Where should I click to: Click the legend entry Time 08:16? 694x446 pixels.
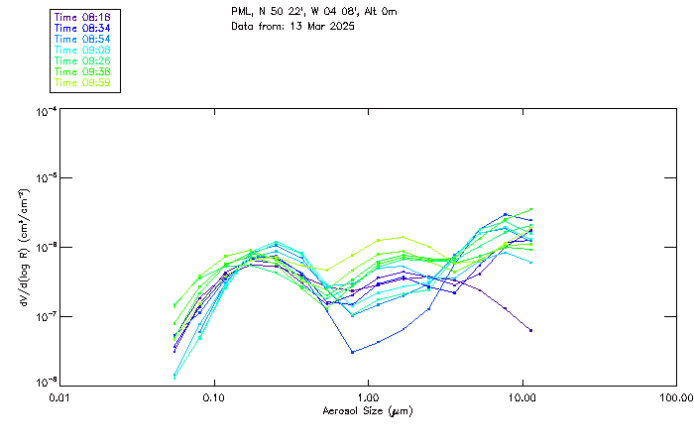click(82, 18)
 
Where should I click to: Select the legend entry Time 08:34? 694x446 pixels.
click(82, 29)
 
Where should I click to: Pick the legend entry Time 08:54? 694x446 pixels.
click(82, 39)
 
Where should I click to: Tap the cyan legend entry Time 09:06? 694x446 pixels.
click(82, 50)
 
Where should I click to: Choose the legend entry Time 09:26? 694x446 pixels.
click(82, 60)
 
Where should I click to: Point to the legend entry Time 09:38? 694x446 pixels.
click(82, 71)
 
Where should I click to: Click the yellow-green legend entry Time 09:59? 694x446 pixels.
click(82, 82)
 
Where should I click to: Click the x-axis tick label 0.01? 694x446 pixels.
click(60, 396)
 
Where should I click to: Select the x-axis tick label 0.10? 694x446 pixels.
click(214, 396)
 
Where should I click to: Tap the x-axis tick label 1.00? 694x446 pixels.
click(368, 396)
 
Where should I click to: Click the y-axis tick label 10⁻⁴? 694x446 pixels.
click(45, 112)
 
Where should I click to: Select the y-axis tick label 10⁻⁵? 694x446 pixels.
click(45, 179)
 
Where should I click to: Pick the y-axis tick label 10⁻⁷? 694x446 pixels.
click(45, 315)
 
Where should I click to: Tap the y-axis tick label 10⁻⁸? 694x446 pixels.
click(45, 382)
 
